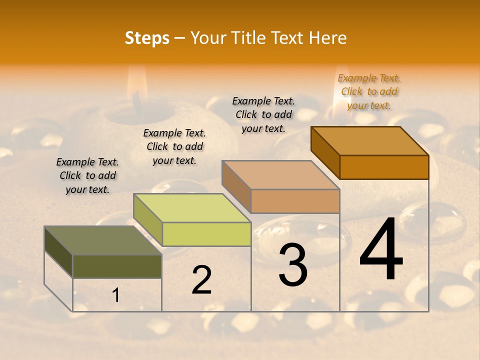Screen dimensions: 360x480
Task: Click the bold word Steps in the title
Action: (x=147, y=38)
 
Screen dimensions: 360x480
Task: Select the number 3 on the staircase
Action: (x=293, y=265)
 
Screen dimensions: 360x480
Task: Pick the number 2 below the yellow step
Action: (x=202, y=280)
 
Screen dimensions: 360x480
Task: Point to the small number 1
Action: (x=116, y=295)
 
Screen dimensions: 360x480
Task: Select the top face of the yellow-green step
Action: (x=192, y=208)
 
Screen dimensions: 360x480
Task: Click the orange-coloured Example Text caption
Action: (x=369, y=91)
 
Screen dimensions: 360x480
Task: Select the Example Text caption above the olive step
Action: (x=87, y=175)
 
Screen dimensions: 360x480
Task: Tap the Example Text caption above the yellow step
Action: (x=174, y=146)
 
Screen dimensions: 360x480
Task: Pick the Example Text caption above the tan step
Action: (x=263, y=114)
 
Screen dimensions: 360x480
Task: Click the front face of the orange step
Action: (x=384, y=167)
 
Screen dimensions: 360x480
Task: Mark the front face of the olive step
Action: (x=117, y=266)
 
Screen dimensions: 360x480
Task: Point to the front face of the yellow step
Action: (x=206, y=234)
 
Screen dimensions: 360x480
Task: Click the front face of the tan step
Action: (x=295, y=201)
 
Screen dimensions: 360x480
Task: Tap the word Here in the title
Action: (x=327, y=38)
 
